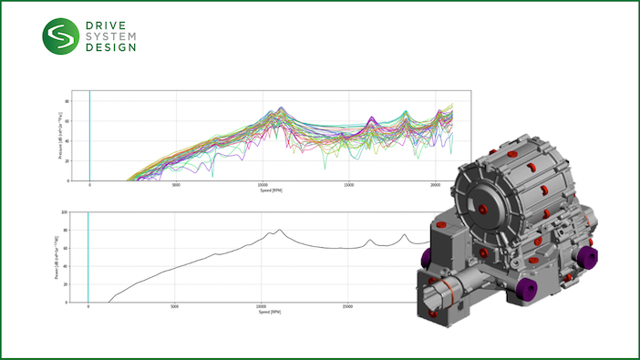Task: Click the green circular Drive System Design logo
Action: tap(61, 36)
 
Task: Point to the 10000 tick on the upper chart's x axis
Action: tap(262, 184)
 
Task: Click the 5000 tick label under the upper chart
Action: tap(176, 184)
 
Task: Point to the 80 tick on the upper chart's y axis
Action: tap(67, 102)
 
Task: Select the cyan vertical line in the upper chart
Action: tap(89, 137)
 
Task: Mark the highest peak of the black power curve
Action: tap(280, 230)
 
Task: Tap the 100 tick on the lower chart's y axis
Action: tap(64, 212)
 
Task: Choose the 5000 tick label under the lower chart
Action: tap(175, 307)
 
